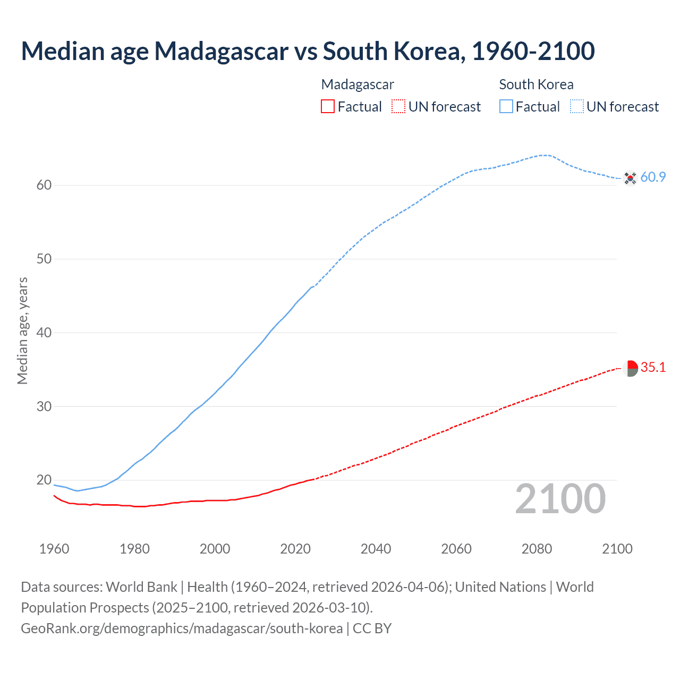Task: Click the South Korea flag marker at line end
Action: coord(630,177)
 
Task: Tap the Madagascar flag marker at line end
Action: coord(630,368)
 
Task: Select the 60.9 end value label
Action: coord(653,177)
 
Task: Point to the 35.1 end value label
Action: coord(653,368)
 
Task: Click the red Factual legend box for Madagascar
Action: coord(328,107)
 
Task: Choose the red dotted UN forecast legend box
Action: coord(398,107)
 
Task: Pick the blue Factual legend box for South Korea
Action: coord(506,107)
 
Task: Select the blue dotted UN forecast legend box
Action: coord(577,107)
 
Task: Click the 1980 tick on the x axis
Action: coord(134,549)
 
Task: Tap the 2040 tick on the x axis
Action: coord(376,549)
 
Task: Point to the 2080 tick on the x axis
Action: coord(537,549)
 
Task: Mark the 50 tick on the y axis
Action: coord(44,259)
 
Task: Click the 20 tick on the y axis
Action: coord(44,480)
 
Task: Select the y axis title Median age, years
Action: coord(22,330)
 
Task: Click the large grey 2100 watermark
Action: coord(560,499)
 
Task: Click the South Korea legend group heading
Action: coord(536,84)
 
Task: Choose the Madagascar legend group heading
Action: coord(358,84)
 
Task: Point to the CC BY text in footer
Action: coord(372,628)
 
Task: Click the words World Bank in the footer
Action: coord(141,587)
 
